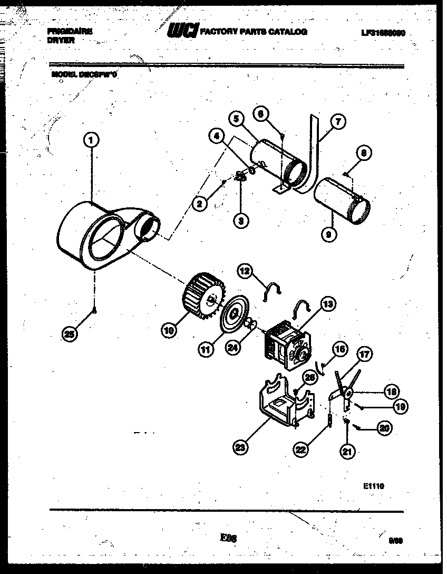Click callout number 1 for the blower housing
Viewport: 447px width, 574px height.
pyautogui.click(x=91, y=140)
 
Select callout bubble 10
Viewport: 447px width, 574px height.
pyautogui.click(x=169, y=331)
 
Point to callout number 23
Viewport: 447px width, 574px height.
pyautogui.click(x=240, y=447)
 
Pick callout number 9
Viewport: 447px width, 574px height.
pyautogui.click(x=328, y=236)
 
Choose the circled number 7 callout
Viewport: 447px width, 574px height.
pyautogui.click(x=338, y=122)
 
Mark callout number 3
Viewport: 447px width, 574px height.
pyautogui.click(x=240, y=222)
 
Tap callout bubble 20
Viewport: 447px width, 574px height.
pyautogui.click(x=385, y=428)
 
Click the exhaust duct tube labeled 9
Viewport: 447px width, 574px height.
pyautogui.click(x=341, y=203)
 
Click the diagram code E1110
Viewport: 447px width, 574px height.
pyautogui.click(x=373, y=486)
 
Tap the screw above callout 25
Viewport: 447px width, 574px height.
pyautogui.click(x=94, y=310)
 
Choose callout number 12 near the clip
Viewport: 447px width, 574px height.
pyautogui.click(x=245, y=271)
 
